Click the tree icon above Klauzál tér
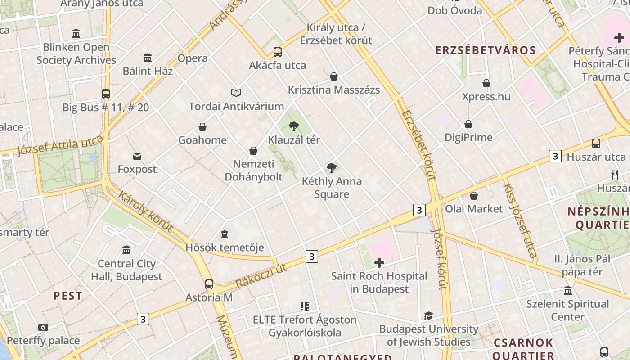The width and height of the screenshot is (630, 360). [294, 126]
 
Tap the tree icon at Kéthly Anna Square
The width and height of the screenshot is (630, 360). [332, 168]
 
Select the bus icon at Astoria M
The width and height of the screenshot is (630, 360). [209, 284]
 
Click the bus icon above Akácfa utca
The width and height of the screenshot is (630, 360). [278, 52]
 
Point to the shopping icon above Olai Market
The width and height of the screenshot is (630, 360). [474, 196]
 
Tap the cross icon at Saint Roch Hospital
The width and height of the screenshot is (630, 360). [379, 263]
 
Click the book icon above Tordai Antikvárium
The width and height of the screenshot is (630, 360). [236, 93]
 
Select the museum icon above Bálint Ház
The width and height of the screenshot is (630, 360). [148, 58]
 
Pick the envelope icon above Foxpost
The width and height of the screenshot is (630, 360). [137, 156]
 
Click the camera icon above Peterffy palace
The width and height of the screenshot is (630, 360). [43, 327]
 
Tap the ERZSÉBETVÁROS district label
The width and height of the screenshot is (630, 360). [486, 50]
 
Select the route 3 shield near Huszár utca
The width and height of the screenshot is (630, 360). [555, 156]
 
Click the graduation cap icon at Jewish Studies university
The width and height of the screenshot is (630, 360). [428, 316]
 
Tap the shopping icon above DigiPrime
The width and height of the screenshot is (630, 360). [468, 124]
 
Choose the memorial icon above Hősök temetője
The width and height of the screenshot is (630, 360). [225, 234]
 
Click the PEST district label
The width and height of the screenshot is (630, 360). [68, 296]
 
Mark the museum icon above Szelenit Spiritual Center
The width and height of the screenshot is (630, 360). [568, 291]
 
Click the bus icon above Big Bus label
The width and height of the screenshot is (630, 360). [106, 94]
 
